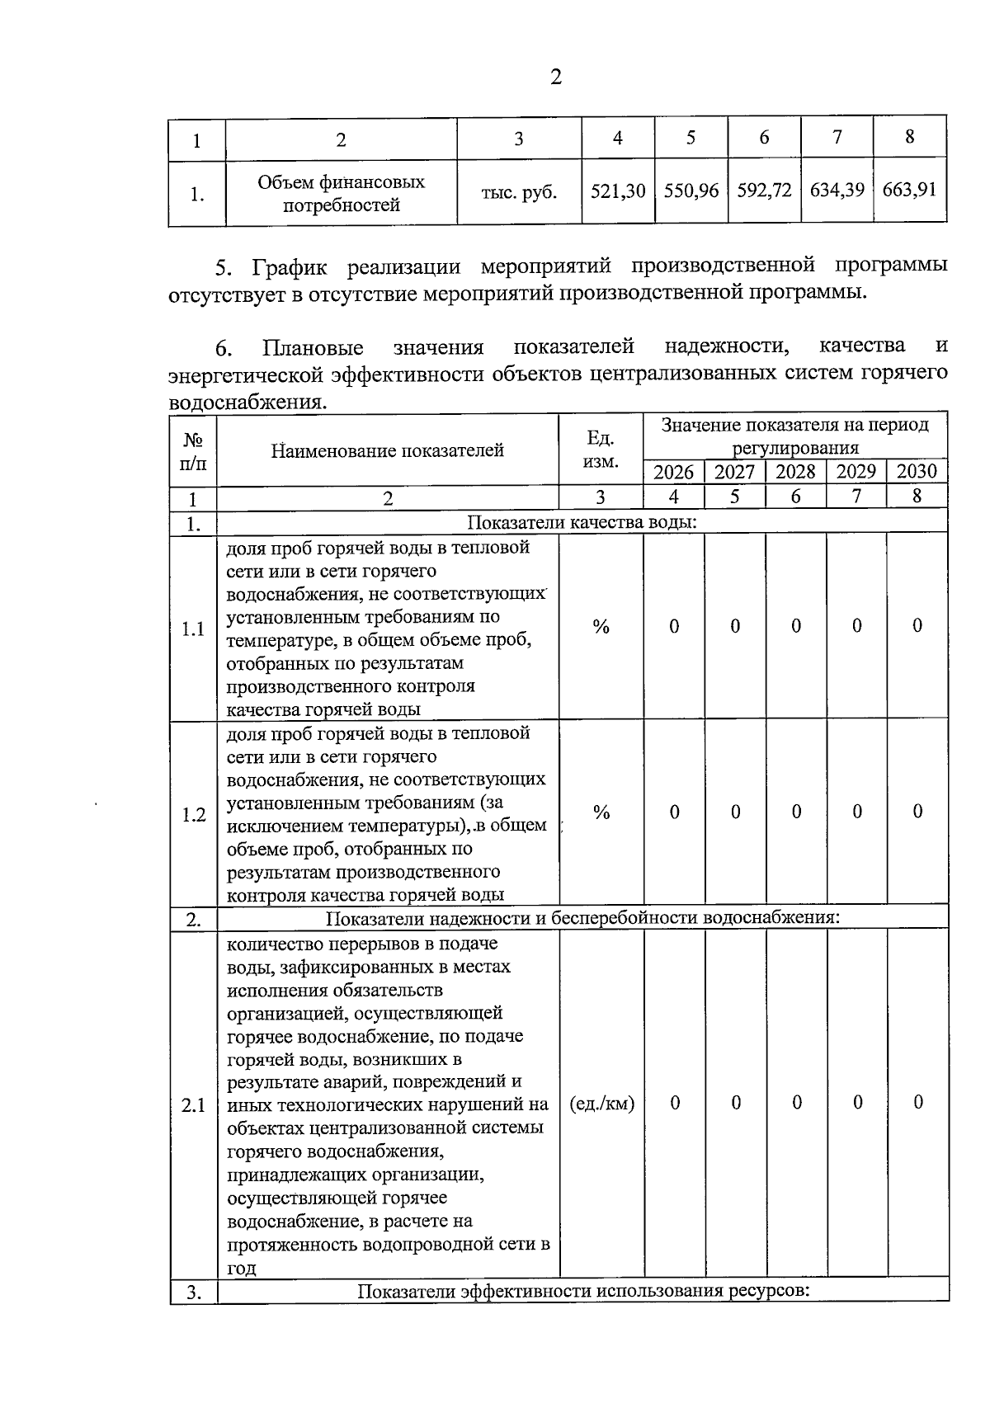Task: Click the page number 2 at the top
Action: pyautogui.click(x=555, y=78)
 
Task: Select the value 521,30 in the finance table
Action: pyautogui.click(x=618, y=191)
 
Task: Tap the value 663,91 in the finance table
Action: pyautogui.click(x=909, y=190)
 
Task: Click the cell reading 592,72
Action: pyautogui.click(x=764, y=191)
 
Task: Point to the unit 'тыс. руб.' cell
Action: pyautogui.click(x=519, y=193)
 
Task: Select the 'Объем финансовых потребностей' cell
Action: pyautogui.click(x=341, y=193)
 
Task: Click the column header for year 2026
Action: pyautogui.click(x=673, y=472)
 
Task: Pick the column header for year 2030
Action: pyautogui.click(x=917, y=472)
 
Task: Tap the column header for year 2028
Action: pyautogui.click(x=795, y=472)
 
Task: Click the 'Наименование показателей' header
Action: pyautogui.click(x=387, y=450)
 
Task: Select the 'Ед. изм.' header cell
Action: pyautogui.click(x=600, y=450)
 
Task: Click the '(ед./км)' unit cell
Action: pyautogui.click(x=601, y=1104)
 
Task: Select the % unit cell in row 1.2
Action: pyautogui.click(x=601, y=812)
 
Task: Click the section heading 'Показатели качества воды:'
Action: pyautogui.click(x=582, y=523)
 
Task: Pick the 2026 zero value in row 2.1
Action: pyautogui.click(x=675, y=1103)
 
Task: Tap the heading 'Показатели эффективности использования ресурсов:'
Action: pyautogui.click(x=582, y=1291)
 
